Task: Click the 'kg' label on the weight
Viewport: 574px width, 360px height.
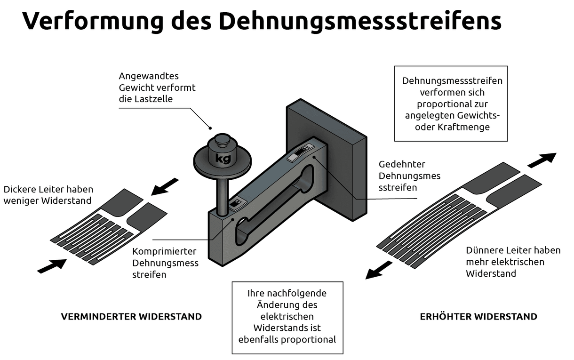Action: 223,159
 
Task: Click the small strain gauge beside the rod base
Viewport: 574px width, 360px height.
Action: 233,204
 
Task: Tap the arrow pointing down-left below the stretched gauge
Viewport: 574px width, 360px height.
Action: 379,271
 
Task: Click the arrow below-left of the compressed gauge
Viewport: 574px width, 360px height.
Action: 52,266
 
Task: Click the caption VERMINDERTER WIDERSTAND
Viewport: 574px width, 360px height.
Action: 131,317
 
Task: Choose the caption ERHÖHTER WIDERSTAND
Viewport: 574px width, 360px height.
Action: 478,317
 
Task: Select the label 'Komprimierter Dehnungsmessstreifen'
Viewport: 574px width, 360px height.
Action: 165,263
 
